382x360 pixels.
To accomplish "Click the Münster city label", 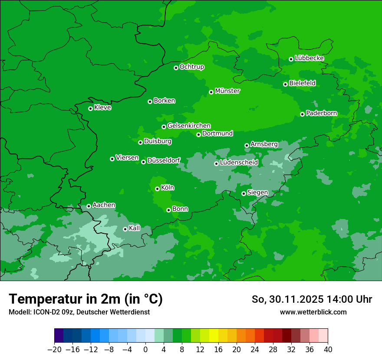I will [x=227, y=91].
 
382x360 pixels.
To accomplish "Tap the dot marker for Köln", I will [x=157, y=189].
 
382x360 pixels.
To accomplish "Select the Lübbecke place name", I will [x=309, y=58].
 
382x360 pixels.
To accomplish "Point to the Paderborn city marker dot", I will [x=302, y=114].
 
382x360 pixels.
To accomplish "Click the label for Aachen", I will [x=104, y=205].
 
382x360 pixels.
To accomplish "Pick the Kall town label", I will [x=135, y=228].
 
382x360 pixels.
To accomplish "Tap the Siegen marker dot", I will [x=244, y=193].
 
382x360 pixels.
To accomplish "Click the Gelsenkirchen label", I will [x=189, y=126].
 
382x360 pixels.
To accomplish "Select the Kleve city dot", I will [x=90, y=108].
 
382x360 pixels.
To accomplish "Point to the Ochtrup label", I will [x=192, y=67].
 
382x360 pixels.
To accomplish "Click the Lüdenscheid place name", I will [x=239, y=163].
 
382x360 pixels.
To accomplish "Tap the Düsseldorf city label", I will [x=164, y=160].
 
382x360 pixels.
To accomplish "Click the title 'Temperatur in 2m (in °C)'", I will [x=86, y=299].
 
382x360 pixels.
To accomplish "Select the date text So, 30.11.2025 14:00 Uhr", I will [x=312, y=299].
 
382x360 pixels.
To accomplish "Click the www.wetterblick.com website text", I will [x=313, y=312].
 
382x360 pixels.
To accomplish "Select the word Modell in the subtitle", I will [x=18, y=312].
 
